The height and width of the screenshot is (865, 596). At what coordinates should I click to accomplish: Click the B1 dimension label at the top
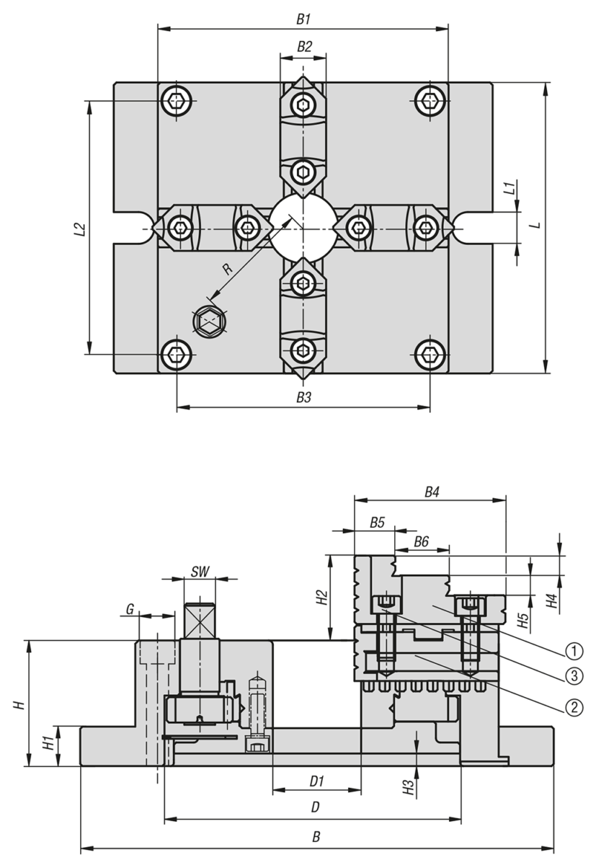[303, 19]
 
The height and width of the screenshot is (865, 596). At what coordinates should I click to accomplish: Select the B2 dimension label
[303, 46]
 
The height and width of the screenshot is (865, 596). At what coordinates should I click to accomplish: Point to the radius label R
[227, 269]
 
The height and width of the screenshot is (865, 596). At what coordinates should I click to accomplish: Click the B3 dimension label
[303, 397]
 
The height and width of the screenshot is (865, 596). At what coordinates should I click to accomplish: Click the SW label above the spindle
[200, 572]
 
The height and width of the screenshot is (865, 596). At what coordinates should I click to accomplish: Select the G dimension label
[130, 609]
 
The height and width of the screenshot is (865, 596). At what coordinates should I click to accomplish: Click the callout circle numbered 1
[574, 652]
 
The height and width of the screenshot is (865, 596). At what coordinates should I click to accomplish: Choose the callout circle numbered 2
[574, 707]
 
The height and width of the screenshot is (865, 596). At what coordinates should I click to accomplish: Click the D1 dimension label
[316, 781]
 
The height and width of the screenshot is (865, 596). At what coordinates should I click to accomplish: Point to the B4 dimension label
[431, 492]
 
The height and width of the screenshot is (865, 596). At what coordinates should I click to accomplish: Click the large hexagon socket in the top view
[210, 321]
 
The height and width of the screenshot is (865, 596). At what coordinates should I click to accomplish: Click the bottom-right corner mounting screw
[430, 354]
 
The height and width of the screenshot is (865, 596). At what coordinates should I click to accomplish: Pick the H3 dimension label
[408, 788]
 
